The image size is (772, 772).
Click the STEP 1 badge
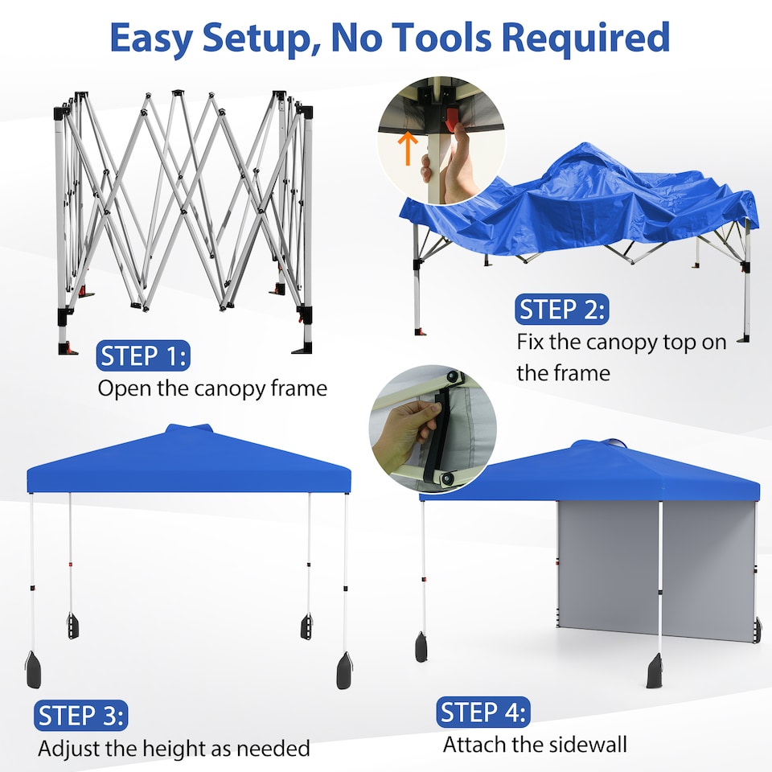coord(143,355)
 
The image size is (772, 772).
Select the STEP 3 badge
coord(81,715)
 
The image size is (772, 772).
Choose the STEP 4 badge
coord(483,712)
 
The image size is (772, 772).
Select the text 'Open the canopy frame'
coord(212,388)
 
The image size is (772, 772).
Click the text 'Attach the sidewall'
coord(535,744)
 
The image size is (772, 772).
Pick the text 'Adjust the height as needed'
coord(174,749)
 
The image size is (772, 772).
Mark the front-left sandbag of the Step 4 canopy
coord(421,647)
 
